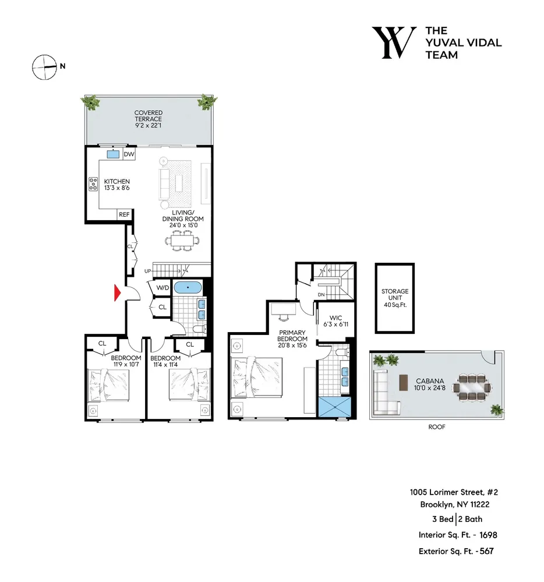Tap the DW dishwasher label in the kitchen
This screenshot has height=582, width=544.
coord(129,154)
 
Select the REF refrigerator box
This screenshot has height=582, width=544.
coord(124,215)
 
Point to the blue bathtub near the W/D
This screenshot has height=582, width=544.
coord(188,287)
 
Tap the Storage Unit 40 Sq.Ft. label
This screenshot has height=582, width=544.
coord(395,298)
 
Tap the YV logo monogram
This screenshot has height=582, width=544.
coord(394,43)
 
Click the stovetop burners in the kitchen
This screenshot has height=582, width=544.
coord(93,185)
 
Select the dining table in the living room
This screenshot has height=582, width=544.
coord(182,240)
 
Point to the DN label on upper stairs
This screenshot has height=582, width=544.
coord(322,295)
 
